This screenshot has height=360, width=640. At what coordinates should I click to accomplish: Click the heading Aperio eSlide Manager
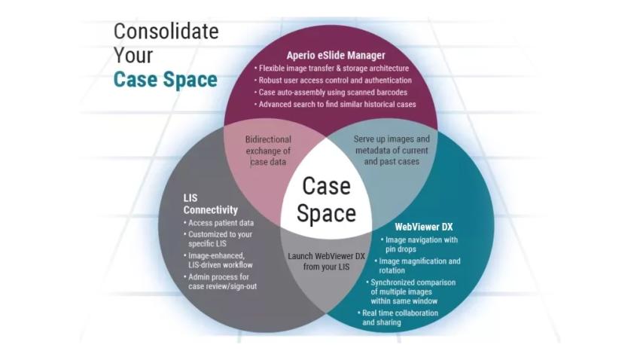tap(335, 55)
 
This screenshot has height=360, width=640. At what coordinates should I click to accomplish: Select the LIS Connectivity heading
tap(211, 204)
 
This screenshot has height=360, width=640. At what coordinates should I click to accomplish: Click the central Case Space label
tap(326, 200)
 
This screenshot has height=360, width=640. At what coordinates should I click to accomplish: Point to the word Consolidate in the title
tap(166, 32)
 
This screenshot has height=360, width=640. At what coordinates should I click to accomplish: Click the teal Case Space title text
tap(166, 79)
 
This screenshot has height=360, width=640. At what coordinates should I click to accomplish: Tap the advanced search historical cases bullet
tap(337, 104)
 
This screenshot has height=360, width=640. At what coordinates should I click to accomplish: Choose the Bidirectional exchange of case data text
tap(269, 151)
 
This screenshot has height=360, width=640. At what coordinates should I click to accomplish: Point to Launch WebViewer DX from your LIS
tap(326, 261)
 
